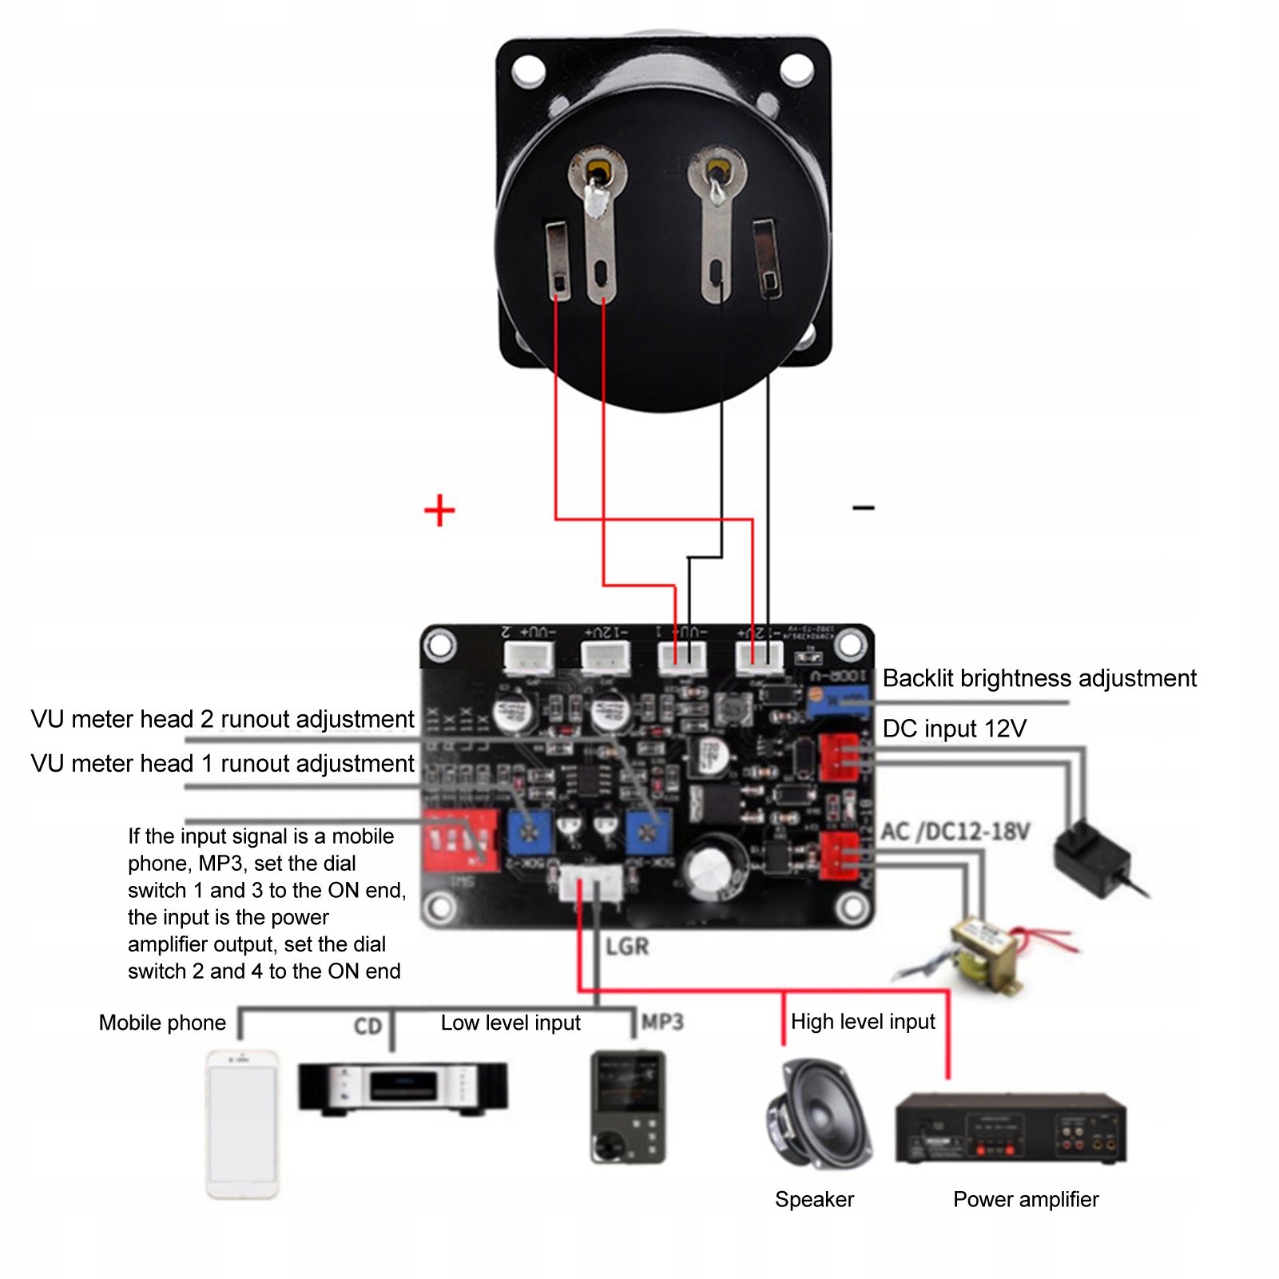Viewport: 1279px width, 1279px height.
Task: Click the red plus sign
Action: click(x=439, y=510)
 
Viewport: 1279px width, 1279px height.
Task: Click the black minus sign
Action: click(x=864, y=507)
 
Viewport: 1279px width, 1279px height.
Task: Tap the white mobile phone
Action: click(x=243, y=1123)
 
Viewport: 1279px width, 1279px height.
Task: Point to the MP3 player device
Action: click(x=628, y=1107)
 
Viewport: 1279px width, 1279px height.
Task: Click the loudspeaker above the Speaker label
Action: click(x=818, y=1114)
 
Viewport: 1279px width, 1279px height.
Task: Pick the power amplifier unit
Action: click(x=1011, y=1127)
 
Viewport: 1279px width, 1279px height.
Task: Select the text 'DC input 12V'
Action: click(x=954, y=729)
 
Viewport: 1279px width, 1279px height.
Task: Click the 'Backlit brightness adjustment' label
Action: click(x=1039, y=678)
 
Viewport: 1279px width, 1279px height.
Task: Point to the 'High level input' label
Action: click(x=863, y=1022)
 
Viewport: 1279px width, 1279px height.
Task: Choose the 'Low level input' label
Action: click(x=510, y=1023)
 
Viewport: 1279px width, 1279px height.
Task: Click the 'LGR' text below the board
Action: click(x=627, y=947)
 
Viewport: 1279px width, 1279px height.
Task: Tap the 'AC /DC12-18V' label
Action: click(x=955, y=832)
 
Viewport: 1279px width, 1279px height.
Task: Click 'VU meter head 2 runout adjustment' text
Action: click(x=222, y=719)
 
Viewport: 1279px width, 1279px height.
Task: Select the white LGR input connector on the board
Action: click(x=590, y=884)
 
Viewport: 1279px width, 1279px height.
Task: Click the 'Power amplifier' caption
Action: click(x=1026, y=1199)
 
